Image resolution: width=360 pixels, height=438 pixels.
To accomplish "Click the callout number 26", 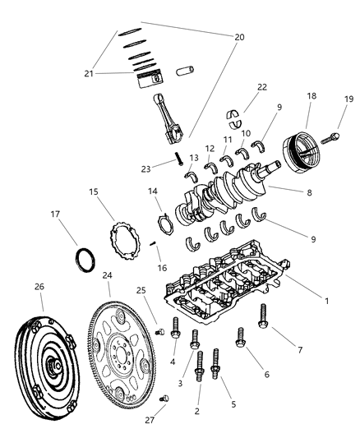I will click(x=39, y=287).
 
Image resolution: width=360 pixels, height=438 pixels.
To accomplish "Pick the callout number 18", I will click(x=311, y=97).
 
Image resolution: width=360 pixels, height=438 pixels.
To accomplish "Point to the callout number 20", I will click(x=239, y=37).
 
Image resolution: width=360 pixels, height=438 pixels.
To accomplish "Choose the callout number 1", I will click(x=326, y=301).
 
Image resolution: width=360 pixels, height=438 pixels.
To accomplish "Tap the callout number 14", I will click(x=154, y=191).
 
